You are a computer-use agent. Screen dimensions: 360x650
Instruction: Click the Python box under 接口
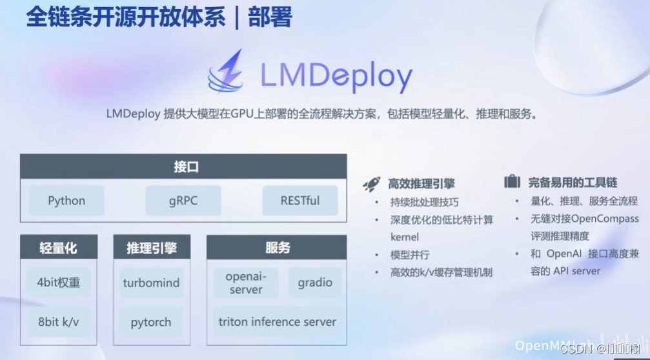[66, 201]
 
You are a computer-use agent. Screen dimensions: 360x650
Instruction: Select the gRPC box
[183, 201]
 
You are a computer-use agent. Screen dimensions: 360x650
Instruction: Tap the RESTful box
[300, 201]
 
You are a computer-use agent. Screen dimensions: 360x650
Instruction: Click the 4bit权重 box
[58, 282]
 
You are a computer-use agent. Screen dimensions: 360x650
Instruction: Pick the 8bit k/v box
[58, 321]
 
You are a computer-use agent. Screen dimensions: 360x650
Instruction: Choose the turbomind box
[152, 283]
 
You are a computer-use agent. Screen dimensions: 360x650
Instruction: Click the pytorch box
[152, 321]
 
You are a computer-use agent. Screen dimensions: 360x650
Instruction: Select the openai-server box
[246, 283]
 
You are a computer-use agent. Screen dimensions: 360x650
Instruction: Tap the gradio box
[315, 283]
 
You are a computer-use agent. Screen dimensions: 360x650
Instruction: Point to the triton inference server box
[277, 321]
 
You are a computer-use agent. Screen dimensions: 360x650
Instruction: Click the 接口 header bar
[183, 166]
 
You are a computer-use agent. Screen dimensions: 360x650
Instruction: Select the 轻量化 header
[58, 248]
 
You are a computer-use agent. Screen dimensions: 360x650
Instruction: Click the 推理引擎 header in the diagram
[152, 248]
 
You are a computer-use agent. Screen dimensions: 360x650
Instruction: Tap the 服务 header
[277, 248]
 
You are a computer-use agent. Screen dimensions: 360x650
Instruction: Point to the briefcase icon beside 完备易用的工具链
[512, 182]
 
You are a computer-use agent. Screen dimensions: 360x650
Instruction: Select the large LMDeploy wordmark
[336, 76]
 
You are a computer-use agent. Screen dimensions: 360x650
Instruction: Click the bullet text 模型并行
[410, 254]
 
